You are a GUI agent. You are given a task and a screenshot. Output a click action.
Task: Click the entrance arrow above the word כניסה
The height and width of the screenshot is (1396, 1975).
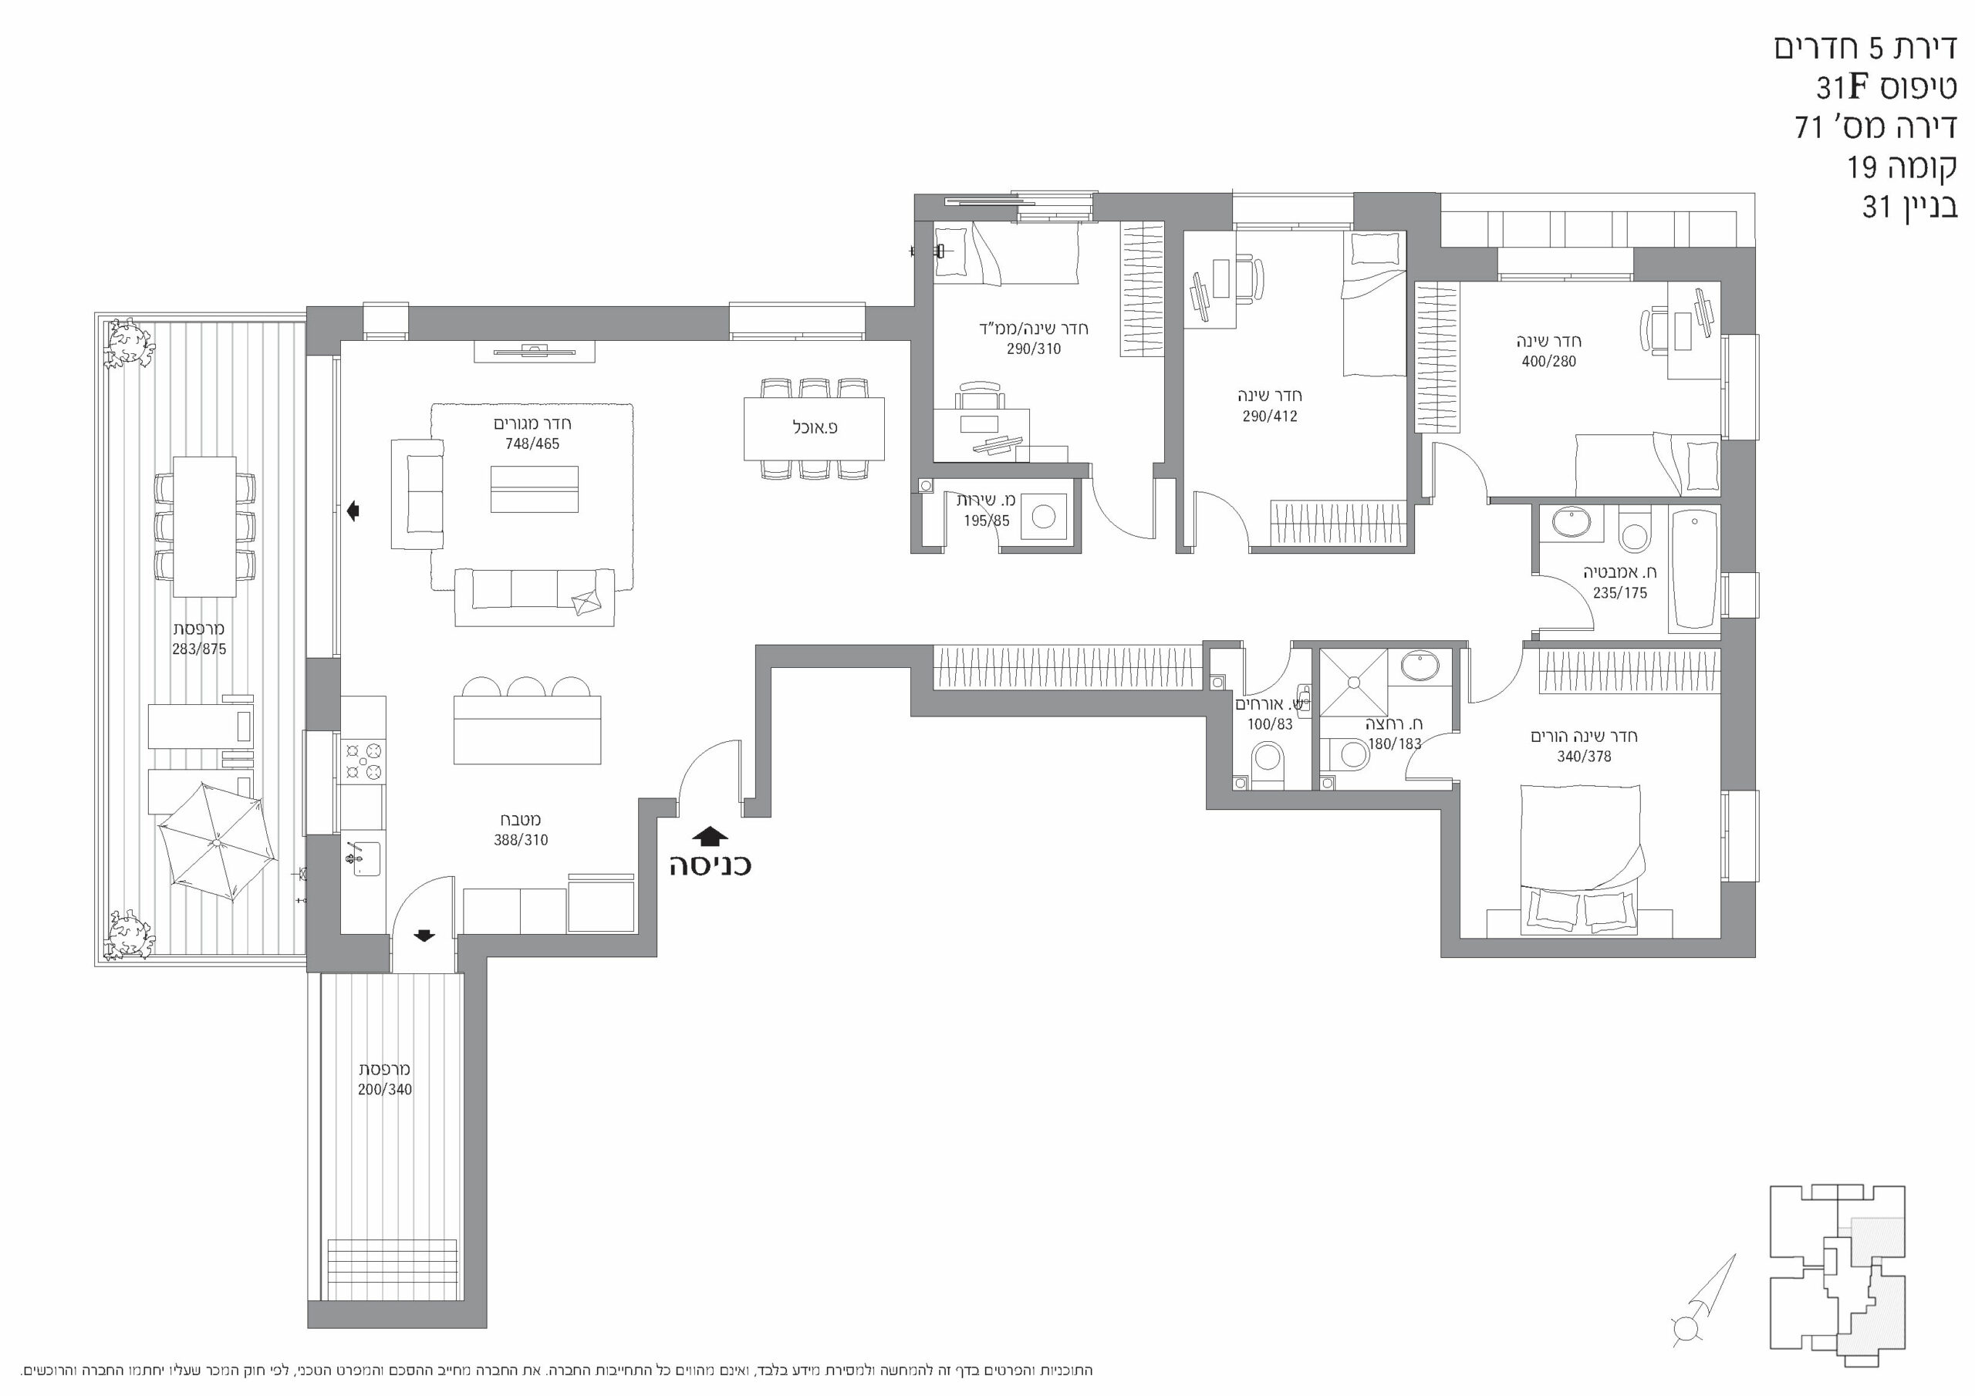tap(710, 836)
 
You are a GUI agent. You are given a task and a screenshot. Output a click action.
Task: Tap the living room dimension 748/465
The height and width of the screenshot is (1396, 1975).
tap(532, 443)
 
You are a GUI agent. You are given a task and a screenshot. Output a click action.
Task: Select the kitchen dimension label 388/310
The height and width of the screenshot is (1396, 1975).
tap(521, 841)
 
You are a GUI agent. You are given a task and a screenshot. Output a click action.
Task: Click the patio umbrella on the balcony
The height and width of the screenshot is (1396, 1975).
tap(218, 842)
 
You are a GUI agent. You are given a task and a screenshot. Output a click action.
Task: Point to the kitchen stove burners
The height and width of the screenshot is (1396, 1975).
tap(362, 762)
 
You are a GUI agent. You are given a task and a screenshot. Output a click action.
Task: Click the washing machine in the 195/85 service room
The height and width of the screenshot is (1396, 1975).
tap(1043, 517)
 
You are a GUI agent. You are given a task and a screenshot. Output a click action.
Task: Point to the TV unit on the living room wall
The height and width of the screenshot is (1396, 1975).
tap(534, 352)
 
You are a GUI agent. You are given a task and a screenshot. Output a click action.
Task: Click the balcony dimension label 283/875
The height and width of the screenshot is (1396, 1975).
tap(199, 649)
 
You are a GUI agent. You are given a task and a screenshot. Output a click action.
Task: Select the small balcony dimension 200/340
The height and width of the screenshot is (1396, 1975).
tap(384, 1090)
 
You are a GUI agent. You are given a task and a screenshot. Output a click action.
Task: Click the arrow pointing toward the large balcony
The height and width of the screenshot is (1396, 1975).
tap(353, 512)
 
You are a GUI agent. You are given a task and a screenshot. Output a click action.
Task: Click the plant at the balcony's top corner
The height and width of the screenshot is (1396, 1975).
tap(129, 342)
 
